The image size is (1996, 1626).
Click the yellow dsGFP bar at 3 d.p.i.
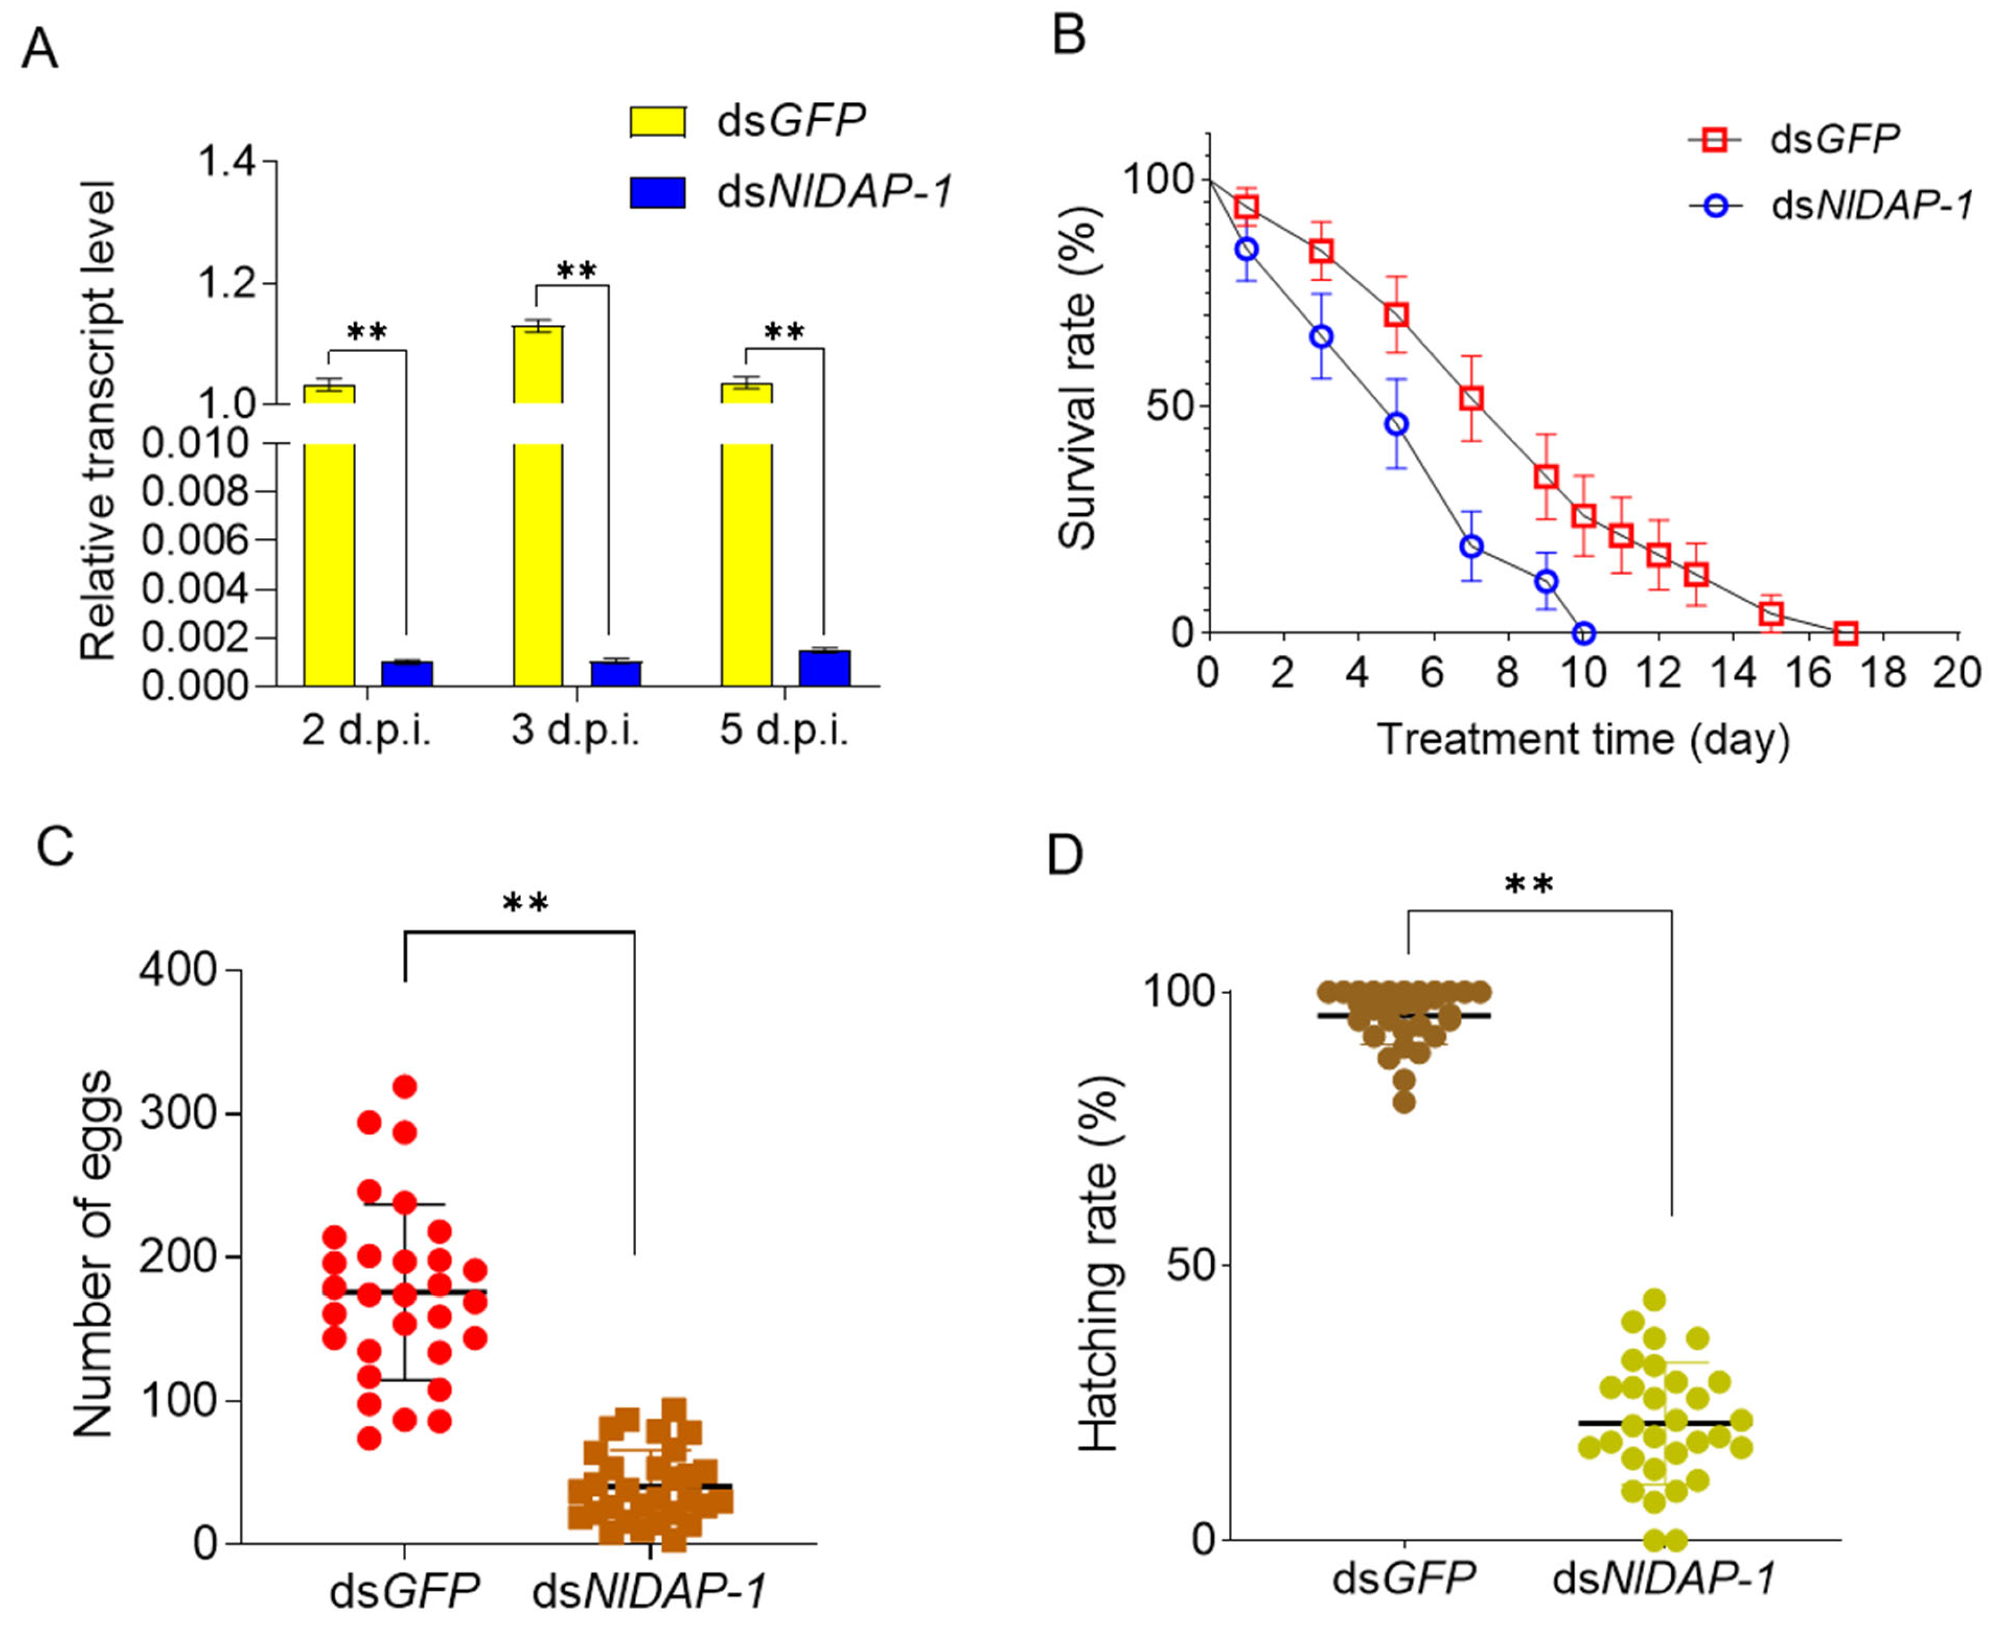tap(538, 506)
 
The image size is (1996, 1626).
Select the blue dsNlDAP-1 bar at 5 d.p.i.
tap(824, 668)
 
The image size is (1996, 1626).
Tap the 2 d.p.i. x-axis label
tap(367, 731)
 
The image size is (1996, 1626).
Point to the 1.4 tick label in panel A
tap(227, 162)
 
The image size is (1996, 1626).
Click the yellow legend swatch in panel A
tap(657, 122)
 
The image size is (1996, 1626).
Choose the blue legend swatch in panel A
tap(657, 193)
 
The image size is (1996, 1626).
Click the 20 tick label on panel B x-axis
tap(1957, 674)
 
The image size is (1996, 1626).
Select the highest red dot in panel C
tap(405, 1086)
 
